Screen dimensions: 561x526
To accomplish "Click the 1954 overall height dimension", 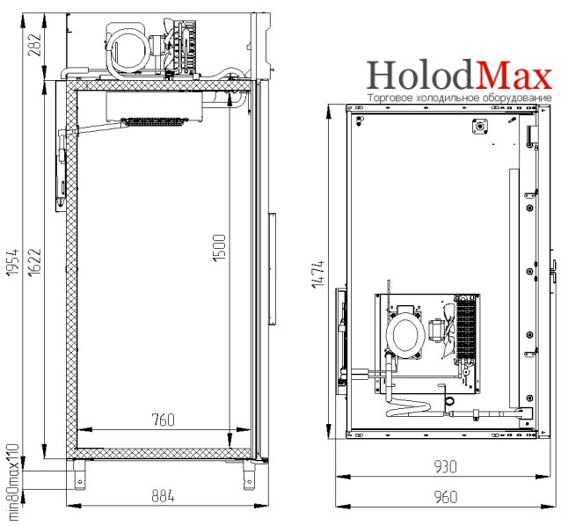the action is tap(13, 262).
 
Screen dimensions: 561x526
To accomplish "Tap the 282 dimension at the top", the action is tap(34, 45).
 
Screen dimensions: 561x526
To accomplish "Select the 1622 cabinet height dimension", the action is tap(35, 262).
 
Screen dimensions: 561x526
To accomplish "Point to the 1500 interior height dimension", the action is tap(219, 248).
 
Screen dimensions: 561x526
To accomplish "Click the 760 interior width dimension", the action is tap(164, 420).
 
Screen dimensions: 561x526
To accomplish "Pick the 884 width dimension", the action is tap(164, 496).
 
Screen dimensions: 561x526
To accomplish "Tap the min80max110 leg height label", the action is tap(13, 482).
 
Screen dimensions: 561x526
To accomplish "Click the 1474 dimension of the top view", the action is tap(317, 274).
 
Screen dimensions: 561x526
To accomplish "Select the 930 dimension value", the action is tap(446, 466).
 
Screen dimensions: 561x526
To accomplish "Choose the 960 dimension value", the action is tap(446, 497).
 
